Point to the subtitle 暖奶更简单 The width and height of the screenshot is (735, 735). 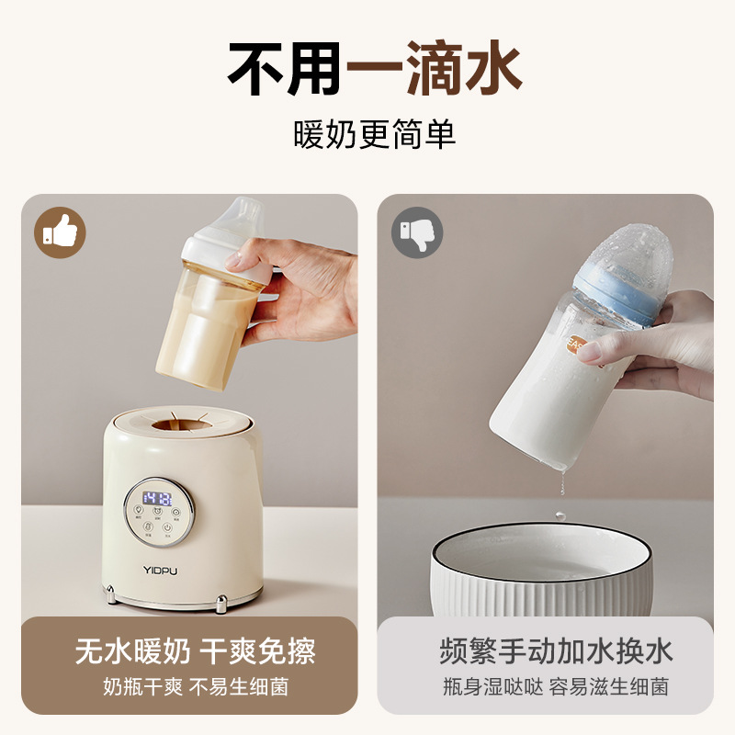367,136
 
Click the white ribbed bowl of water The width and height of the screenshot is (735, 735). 542,574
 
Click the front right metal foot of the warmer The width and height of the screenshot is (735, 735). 221,604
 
